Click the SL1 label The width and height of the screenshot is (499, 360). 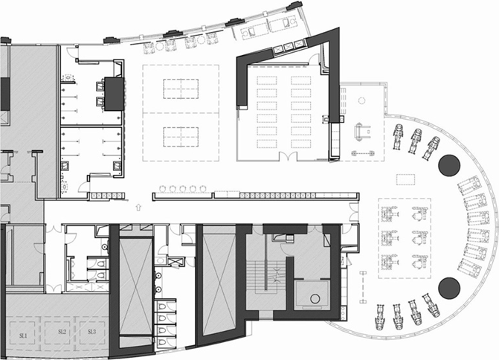23,335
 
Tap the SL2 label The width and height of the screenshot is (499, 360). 62,332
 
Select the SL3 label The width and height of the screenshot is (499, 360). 91,332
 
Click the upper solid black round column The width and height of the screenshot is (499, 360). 449,165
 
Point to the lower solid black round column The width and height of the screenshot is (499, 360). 449,288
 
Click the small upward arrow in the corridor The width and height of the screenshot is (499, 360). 138,208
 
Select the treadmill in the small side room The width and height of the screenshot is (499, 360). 362,131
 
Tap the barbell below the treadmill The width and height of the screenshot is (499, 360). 363,153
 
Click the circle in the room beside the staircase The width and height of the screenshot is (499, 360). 315,298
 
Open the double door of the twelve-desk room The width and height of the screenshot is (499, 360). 288,156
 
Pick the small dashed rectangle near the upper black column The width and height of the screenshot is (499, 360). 405,179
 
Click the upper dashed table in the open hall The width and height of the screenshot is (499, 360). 181,89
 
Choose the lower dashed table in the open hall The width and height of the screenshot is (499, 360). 181,137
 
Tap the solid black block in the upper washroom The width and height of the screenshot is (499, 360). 114,94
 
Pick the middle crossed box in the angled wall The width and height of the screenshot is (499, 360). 288,46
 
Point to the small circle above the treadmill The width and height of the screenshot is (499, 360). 361,101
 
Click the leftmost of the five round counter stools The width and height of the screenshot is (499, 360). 162,189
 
